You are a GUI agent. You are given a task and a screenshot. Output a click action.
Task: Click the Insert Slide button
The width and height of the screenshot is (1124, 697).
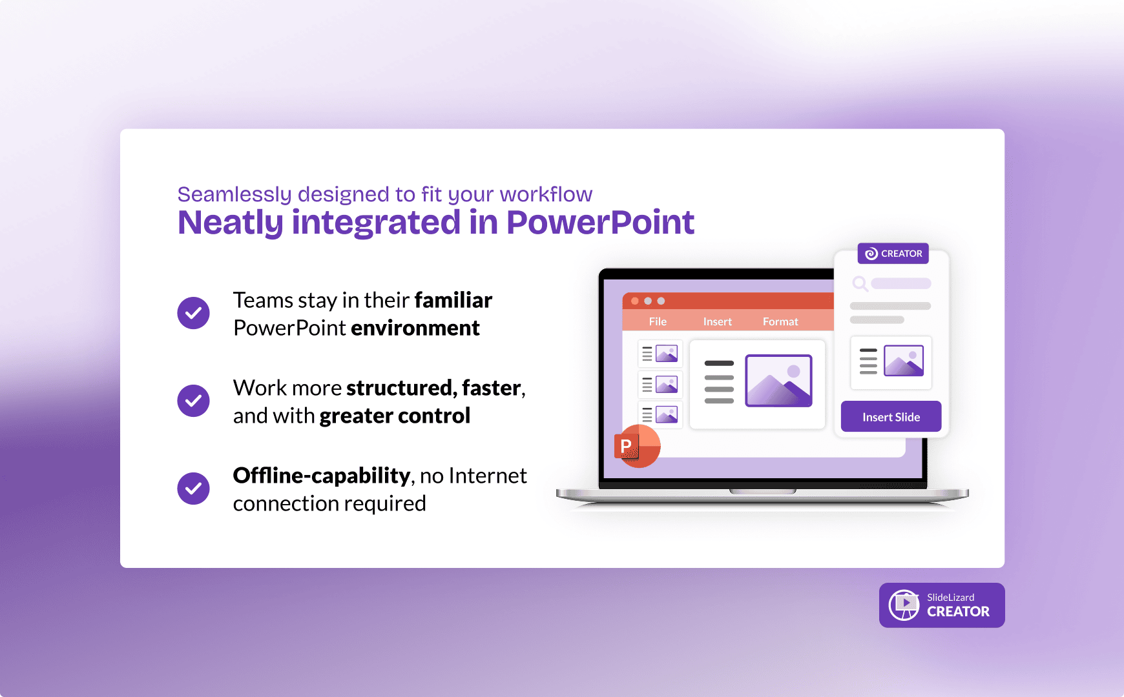tap(891, 417)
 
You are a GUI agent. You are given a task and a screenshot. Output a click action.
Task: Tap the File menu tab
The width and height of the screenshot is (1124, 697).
tap(658, 321)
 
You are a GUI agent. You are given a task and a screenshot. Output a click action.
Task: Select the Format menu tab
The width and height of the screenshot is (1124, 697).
tap(780, 321)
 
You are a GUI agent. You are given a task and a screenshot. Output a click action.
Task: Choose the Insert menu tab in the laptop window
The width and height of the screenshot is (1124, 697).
tap(717, 321)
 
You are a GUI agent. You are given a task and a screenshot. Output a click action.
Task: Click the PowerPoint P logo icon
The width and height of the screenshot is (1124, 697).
tap(637, 446)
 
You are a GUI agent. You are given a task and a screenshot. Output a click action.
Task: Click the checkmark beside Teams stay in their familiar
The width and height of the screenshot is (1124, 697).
tap(193, 313)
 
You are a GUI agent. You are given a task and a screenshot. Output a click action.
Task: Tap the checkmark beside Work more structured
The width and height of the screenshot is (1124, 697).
tap(193, 401)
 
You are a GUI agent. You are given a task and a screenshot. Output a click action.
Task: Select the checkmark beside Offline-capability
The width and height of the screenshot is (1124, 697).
tap(193, 489)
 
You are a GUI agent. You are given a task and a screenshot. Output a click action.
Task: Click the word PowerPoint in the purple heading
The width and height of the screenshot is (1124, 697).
tap(600, 223)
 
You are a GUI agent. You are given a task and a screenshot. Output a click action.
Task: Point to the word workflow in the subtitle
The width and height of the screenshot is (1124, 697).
tap(546, 194)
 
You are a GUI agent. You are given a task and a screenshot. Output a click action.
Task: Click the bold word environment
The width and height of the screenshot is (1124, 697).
tap(415, 328)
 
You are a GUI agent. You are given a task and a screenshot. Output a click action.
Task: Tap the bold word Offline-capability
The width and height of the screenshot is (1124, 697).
tap(322, 476)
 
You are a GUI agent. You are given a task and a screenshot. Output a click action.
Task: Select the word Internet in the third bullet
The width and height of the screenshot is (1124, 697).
tap(488, 476)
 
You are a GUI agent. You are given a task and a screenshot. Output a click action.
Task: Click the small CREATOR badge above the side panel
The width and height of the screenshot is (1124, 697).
tap(893, 254)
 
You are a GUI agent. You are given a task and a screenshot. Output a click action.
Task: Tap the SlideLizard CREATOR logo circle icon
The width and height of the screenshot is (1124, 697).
tap(904, 605)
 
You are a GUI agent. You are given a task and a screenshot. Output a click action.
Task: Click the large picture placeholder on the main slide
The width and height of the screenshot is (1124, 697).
tap(778, 381)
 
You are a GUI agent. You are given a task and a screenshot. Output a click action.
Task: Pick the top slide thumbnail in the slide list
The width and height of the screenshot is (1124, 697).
tap(660, 354)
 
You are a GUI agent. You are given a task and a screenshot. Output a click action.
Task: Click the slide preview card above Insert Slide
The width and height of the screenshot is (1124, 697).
tap(891, 363)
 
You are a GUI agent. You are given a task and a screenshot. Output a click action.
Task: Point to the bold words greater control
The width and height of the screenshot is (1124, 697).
tap(395, 416)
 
